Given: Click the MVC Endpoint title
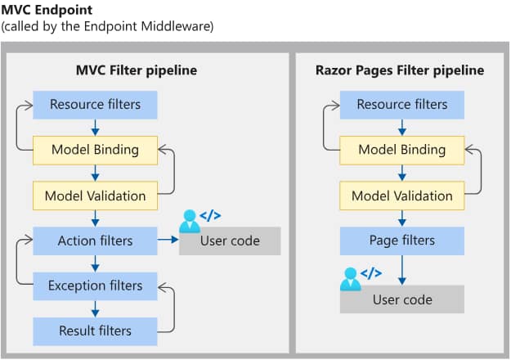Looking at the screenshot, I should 47,10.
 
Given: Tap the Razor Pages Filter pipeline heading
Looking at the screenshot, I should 400,70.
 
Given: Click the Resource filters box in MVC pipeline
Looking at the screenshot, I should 95,105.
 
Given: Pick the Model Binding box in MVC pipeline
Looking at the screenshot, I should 95,150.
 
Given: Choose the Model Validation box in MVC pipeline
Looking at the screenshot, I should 95,196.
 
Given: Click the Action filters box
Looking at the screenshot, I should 95,241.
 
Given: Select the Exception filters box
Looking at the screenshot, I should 95,286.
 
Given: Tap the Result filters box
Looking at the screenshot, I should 95,331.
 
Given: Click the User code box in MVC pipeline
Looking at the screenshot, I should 230,241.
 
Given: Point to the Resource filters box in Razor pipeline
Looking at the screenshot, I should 401,105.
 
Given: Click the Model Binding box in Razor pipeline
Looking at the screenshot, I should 401,150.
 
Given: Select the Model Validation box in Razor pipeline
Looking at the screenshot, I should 401,196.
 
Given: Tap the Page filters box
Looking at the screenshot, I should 401,241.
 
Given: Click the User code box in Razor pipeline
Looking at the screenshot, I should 401,299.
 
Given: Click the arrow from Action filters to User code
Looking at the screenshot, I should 168,241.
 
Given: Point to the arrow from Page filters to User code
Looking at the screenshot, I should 401,269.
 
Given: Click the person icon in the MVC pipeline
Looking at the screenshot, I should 190,220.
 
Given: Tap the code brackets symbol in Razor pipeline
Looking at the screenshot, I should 371,273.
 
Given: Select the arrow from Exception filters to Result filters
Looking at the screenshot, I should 95,308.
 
